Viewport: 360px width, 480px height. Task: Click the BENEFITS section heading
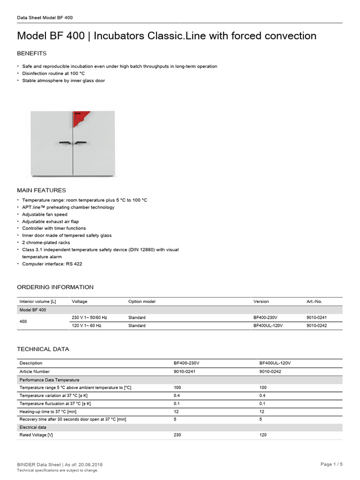point(32,53)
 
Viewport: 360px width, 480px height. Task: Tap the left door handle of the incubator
point(65,142)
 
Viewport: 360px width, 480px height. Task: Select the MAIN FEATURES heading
point(41,190)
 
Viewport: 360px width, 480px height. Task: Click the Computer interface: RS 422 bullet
point(52,264)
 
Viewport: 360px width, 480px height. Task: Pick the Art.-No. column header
point(314,301)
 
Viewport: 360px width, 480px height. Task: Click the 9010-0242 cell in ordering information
point(316,325)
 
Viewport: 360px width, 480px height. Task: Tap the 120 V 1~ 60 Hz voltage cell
point(86,325)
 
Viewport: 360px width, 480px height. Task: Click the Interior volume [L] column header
point(37,301)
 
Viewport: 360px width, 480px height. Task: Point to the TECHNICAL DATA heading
point(43,349)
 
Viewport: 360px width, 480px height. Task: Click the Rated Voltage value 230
point(177,435)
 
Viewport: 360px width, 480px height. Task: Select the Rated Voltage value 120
point(263,435)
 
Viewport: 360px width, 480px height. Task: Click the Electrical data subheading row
point(32,427)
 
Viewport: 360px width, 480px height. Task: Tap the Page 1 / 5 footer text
point(331,464)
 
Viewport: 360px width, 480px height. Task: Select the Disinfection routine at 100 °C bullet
point(53,74)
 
